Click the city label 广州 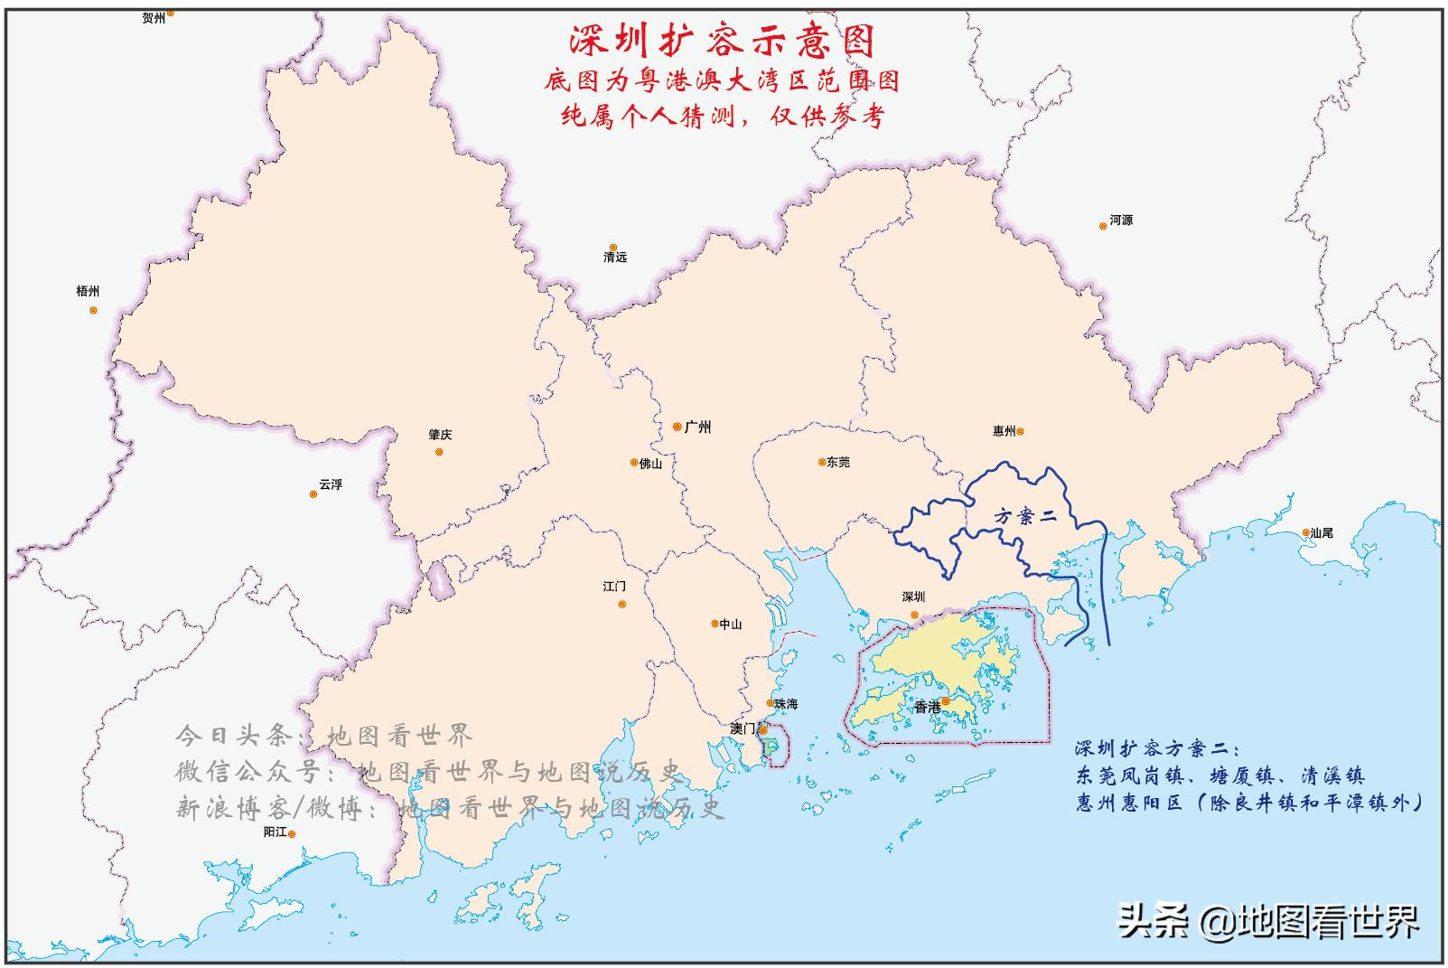(697, 427)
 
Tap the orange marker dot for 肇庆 (440, 452)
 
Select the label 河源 (1121, 221)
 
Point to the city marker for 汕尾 (1306, 533)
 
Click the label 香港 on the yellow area (927, 707)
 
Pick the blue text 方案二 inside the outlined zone (1023, 517)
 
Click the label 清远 (615, 258)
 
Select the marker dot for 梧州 (93, 310)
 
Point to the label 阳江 (275, 832)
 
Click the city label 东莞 (837, 462)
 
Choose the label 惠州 (1004, 432)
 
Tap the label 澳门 (743, 728)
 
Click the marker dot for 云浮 (313, 493)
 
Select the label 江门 (614, 587)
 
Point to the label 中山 (731, 625)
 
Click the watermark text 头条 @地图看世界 (1268, 921)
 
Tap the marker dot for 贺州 (170, 13)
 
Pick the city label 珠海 (786, 704)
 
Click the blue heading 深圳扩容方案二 (1156, 749)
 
